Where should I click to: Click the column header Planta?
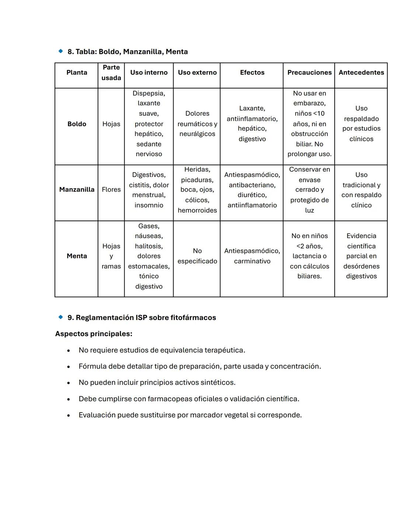click(x=77, y=73)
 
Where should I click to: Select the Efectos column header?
click(x=252, y=73)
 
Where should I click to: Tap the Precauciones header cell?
click(x=309, y=73)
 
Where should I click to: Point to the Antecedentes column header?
click(x=361, y=73)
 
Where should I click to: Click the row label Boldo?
click(x=77, y=124)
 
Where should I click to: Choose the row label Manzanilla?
click(x=77, y=189)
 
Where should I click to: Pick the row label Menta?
click(x=77, y=256)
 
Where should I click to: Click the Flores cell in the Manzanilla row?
click(x=111, y=189)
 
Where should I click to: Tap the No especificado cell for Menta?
click(x=197, y=256)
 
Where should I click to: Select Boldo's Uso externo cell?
click(x=197, y=124)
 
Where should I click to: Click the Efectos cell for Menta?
click(x=252, y=256)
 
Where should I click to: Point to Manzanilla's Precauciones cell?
click(x=309, y=189)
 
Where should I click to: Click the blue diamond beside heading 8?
click(x=61, y=51)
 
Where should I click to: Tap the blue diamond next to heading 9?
click(x=61, y=317)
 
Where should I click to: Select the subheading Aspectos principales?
click(x=94, y=334)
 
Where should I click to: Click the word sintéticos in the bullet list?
click(x=218, y=383)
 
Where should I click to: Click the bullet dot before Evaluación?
click(x=69, y=415)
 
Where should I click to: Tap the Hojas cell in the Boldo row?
click(x=111, y=124)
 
